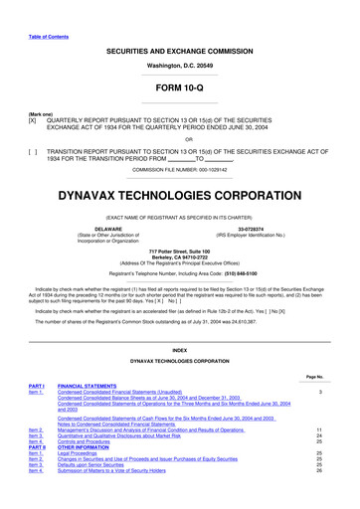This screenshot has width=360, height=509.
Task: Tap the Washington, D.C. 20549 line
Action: pyautogui.click(x=179, y=65)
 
